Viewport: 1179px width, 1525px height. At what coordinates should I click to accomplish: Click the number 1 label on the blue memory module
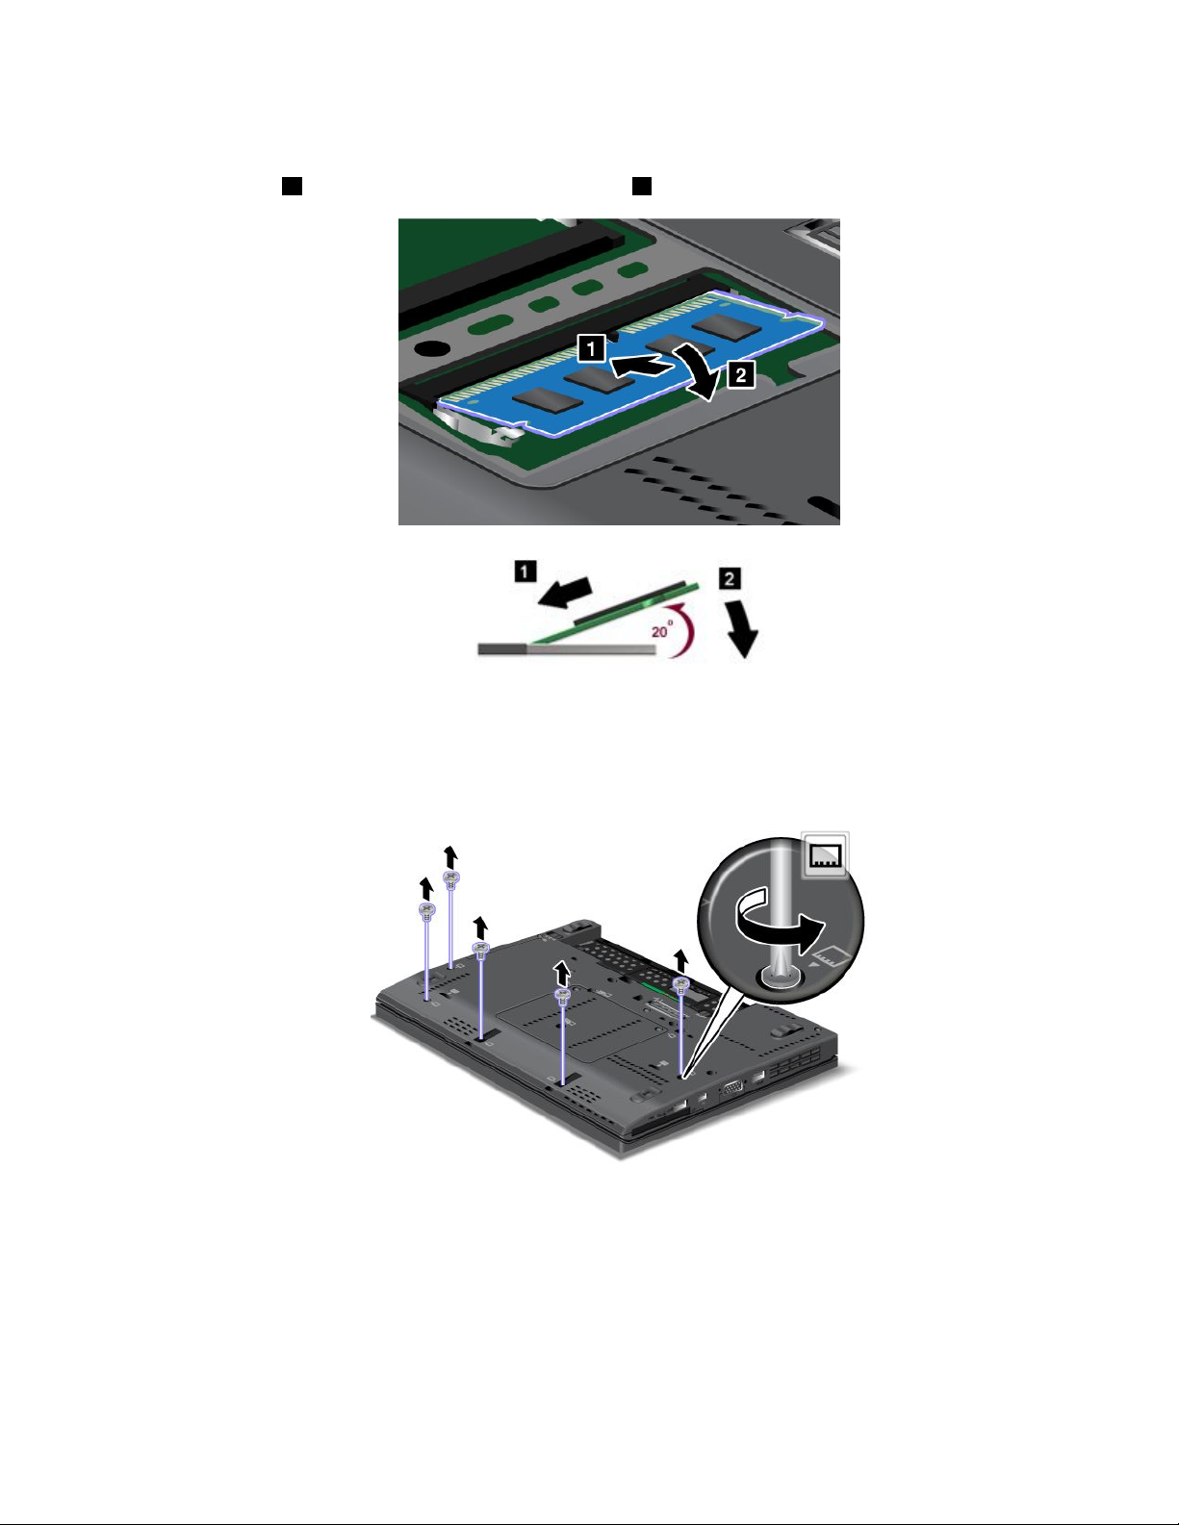pyautogui.click(x=592, y=348)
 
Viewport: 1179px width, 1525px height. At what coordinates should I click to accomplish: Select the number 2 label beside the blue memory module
pyautogui.click(x=740, y=374)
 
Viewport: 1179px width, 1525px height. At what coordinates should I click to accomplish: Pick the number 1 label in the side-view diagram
pyautogui.click(x=525, y=571)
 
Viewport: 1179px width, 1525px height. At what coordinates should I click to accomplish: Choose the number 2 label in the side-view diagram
pyautogui.click(x=730, y=579)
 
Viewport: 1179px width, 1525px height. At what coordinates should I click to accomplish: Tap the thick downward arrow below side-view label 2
pyautogui.click(x=742, y=627)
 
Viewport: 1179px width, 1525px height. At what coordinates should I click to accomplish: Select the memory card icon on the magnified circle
pyautogui.click(x=826, y=854)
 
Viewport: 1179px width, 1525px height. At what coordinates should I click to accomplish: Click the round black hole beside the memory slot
pyautogui.click(x=431, y=347)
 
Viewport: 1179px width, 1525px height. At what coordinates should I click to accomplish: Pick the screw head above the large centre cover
pyautogui.click(x=563, y=996)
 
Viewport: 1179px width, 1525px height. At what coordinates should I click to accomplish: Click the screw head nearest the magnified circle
pyautogui.click(x=679, y=984)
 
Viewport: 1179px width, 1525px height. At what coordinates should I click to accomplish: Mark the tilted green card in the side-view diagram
pyautogui.click(x=615, y=612)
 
